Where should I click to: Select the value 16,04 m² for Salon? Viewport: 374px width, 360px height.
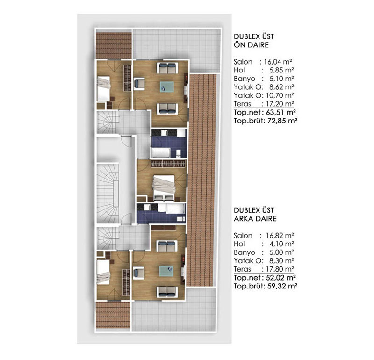(280, 62)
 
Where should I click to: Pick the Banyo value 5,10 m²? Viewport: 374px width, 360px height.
(281, 78)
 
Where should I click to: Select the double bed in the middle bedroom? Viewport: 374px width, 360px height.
(164, 184)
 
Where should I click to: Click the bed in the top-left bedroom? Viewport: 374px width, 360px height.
(106, 89)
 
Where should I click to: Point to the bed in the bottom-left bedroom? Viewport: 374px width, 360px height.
(106, 273)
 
